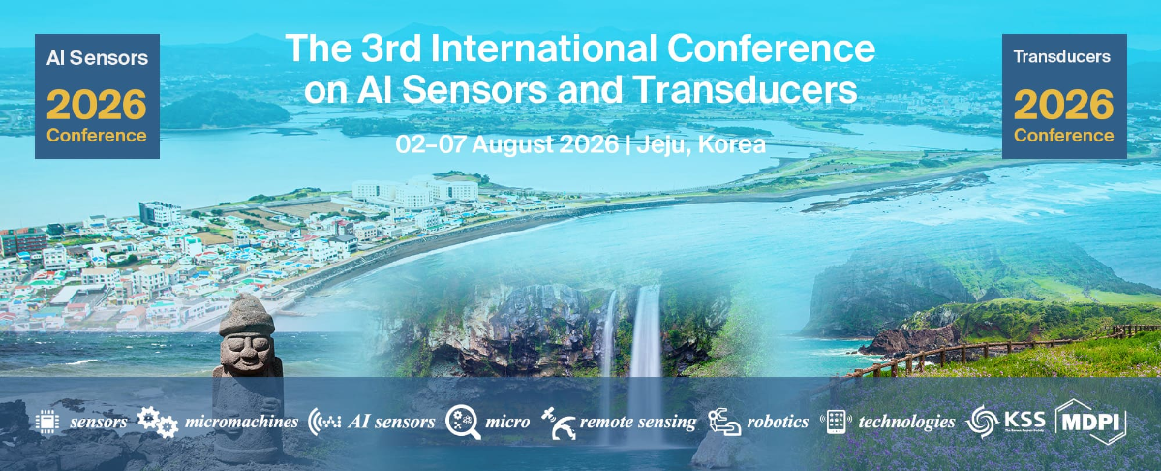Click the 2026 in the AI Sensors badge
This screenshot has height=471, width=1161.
click(97, 106)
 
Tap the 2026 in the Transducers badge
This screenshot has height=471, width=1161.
click(1064, 106)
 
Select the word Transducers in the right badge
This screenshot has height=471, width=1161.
click(1062, 57)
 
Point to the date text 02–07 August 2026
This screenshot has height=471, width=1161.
click(506, 144)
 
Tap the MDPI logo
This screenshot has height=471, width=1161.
click(1090, 422)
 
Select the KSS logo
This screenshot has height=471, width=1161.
click(1005, 422)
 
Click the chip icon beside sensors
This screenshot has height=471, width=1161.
click(46, 422)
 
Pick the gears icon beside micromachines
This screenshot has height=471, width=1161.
click(157, 421)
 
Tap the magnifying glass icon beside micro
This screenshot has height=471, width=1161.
click(463, 423)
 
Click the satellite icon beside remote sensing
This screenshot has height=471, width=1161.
click(558, 423)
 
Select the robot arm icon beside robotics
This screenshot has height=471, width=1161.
click(724, 423)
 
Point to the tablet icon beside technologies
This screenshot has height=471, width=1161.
click(836, 422)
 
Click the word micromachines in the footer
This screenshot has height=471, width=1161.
click(241, 423)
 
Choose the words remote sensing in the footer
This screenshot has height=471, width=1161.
click(638, 423)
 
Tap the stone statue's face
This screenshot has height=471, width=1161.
click(247, 348)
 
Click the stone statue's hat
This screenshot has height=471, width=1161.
click(247, 315)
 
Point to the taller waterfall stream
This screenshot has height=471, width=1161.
click(646, 356)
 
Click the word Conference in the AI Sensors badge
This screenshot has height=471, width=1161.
click(97, 137)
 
